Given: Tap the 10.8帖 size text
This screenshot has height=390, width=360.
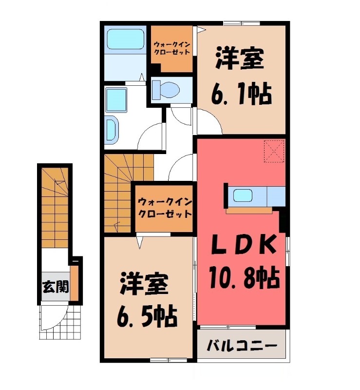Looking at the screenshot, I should tap(244, 278).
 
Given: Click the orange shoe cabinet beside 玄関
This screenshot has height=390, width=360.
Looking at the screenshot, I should tap(75, 283).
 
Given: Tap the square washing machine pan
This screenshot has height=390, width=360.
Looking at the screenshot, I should tap(117, 100).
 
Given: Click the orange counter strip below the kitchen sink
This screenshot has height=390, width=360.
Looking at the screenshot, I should tap(249, 211).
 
